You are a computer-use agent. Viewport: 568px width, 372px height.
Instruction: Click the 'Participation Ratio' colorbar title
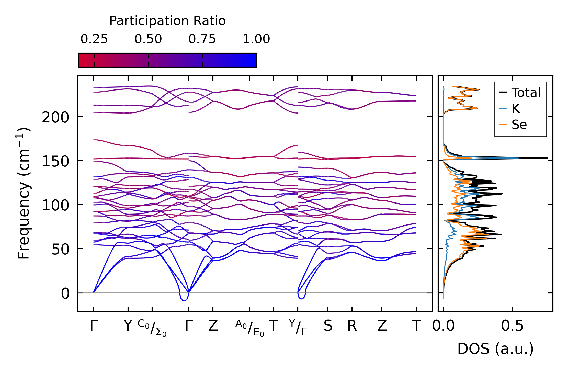pyautogui.click(x=167, y=21)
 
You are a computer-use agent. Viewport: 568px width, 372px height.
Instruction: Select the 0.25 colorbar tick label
pyautogui.click(x=94, y=39)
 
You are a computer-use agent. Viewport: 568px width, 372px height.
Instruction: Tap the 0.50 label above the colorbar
pyautogui.click(x=148, y=39)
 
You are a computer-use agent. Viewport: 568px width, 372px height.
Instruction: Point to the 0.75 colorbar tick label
pyautogui.click(x=202, y=39)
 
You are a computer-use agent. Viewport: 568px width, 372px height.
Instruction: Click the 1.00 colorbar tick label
pyautogui.click(x=256, y=39)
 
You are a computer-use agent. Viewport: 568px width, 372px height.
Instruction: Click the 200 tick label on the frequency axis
pyautogui.click(x=55, y=118)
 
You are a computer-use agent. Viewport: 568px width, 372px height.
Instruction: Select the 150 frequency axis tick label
pyautogui.click(x=55, y=162)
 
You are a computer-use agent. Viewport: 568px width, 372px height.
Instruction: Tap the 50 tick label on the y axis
pyautogui.click(x=60, y=250)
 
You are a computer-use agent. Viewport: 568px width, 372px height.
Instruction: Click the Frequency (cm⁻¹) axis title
pyautogui.click(x=24, y=193)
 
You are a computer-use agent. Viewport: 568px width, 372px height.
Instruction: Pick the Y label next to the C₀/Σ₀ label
pyautogui.click(x=128, y=326)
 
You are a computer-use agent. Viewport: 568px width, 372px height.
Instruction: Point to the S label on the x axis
pyautogui.click(x=328, y=326)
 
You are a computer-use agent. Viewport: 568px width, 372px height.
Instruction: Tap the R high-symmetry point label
pyautogui.click(x=352, y=326)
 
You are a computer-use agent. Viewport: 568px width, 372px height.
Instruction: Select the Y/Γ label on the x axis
pyautogui.click(x=298, y=327)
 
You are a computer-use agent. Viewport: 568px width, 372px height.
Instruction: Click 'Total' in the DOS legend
pyautogui.click(x=526, y=93)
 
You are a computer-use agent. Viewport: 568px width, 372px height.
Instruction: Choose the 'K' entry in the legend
pyautogui.click(x=516, y=109)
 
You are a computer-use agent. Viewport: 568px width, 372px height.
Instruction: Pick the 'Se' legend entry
pyautogui.click(x=519, y=125)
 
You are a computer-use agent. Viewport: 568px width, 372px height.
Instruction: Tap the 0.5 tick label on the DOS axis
pyautogui.click(x=512, y=326)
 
